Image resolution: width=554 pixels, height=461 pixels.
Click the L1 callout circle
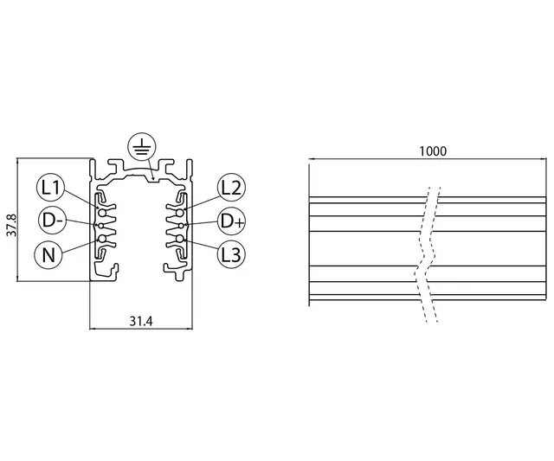click(x=51, y=187)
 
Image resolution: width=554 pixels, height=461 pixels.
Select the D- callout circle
click(x=51, y=221)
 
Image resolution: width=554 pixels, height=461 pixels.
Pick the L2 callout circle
click(x=231, y=187)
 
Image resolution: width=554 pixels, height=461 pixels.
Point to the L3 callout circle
click(x=231, y=255)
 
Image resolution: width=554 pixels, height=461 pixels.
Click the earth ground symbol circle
click(x=140, y=149)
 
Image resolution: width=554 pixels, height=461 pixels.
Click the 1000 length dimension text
click(x=432, y=150)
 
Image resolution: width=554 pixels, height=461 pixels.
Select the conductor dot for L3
click(x=179, y=238)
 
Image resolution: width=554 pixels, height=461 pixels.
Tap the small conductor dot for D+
click(x=183, y=223)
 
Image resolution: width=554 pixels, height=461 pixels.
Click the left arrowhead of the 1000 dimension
click(x=312, y=159)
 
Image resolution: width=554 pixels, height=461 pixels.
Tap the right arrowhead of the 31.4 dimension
click(x=188, y=329)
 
